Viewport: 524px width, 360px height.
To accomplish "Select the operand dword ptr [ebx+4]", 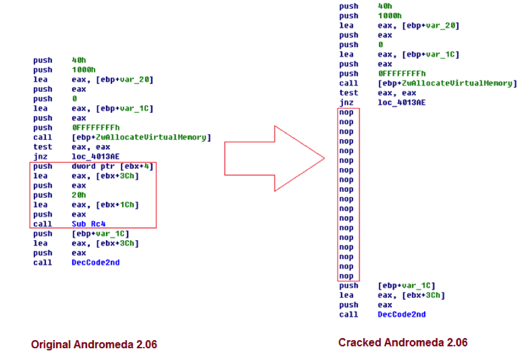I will pos(112,166).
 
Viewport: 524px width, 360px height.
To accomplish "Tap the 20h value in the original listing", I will pos(78,195).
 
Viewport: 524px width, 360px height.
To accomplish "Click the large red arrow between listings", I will pos(274,159).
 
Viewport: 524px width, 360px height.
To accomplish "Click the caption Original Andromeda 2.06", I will pos(94,344).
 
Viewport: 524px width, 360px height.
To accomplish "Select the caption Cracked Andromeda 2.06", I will pos(403,342).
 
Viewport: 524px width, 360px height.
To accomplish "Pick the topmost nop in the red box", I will pos(346,112).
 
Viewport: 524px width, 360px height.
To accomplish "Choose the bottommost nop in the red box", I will pos(346,276).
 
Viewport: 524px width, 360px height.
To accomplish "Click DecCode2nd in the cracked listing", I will pos(401,314).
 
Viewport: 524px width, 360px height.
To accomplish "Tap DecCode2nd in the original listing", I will pos(95,263).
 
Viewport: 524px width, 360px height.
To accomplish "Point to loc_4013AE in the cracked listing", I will pos(401,102).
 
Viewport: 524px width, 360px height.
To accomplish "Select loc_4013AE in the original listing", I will pos(95,156).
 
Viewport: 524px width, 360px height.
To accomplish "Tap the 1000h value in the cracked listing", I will pos(389,16).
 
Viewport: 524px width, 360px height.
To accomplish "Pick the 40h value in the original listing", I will pos(78,60).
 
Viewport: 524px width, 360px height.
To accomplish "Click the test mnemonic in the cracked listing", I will pos(348,92).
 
